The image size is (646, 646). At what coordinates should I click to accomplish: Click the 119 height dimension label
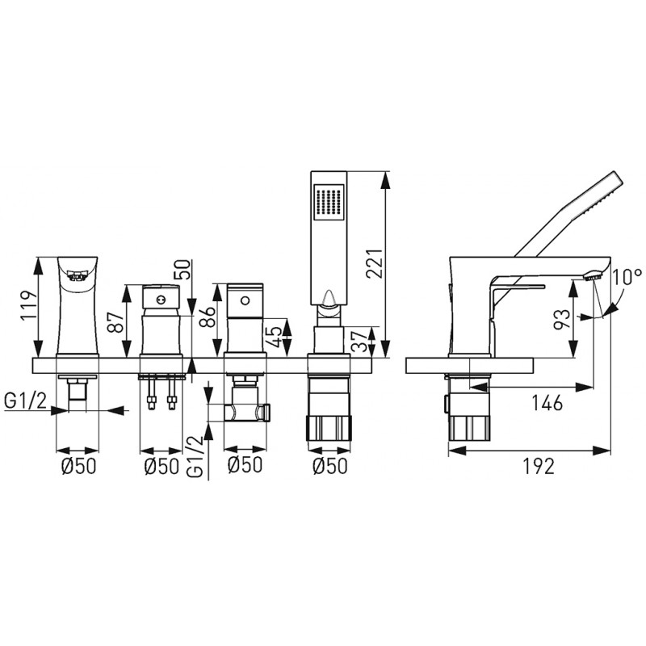(x=28, y=306)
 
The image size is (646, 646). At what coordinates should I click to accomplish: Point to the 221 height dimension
(x=375, y=264)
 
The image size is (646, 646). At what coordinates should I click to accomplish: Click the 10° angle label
(x=627, y=277)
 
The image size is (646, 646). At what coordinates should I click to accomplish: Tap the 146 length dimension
(x=547, y=402)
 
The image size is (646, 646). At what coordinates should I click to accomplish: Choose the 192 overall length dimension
(x=539, y=466)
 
